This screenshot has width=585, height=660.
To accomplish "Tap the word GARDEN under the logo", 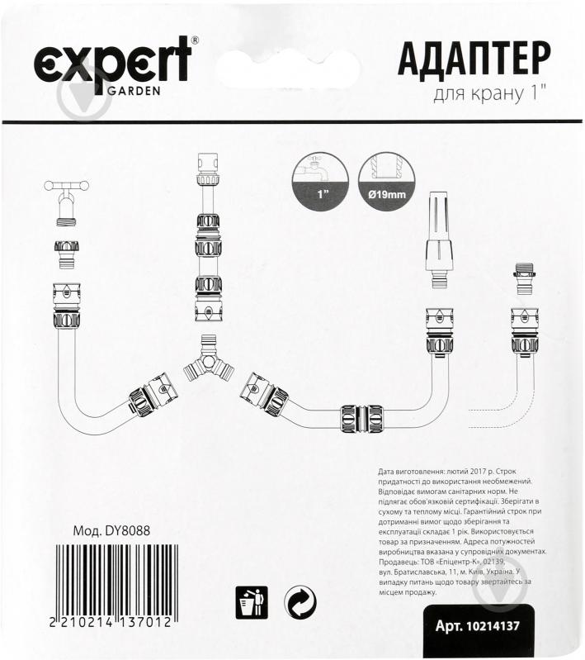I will (x=134, y=90).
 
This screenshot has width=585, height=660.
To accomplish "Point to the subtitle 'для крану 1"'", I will (x=491, y=96).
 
